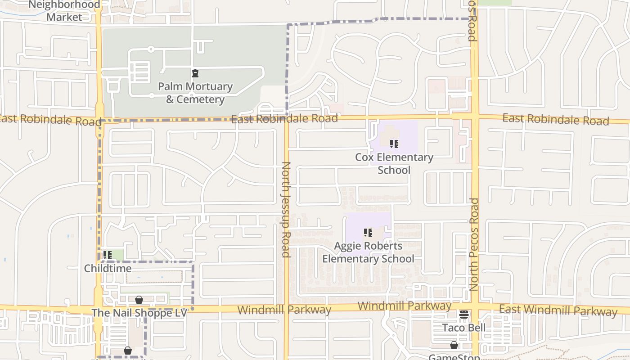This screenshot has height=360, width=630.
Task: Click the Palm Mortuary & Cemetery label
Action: point(195,93)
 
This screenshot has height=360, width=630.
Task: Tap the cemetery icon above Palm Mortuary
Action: point(195,73)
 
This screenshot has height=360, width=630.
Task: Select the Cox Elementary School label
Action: point(394,163)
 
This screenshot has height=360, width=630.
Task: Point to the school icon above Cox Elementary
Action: point(394,144)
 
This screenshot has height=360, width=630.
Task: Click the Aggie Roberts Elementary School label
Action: point(368,252)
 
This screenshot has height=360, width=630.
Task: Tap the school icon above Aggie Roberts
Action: point(368,233)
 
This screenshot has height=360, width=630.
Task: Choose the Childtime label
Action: point(108,268)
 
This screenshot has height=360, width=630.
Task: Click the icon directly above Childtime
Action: point(107,255)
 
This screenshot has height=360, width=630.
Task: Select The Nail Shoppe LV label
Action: point(139,312)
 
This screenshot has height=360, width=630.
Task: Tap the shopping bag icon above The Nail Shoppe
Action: point(139,299)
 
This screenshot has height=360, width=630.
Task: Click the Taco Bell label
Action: point(464,327)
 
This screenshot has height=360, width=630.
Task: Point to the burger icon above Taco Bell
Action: point(464,314)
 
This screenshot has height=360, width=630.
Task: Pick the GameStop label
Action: point(454,357)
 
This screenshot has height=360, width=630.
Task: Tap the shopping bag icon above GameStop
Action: point(454,345)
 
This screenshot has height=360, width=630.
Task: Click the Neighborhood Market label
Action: point(64,11)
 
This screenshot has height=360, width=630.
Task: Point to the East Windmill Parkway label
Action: point(558,310)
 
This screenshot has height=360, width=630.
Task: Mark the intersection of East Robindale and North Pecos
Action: point(474,117)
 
